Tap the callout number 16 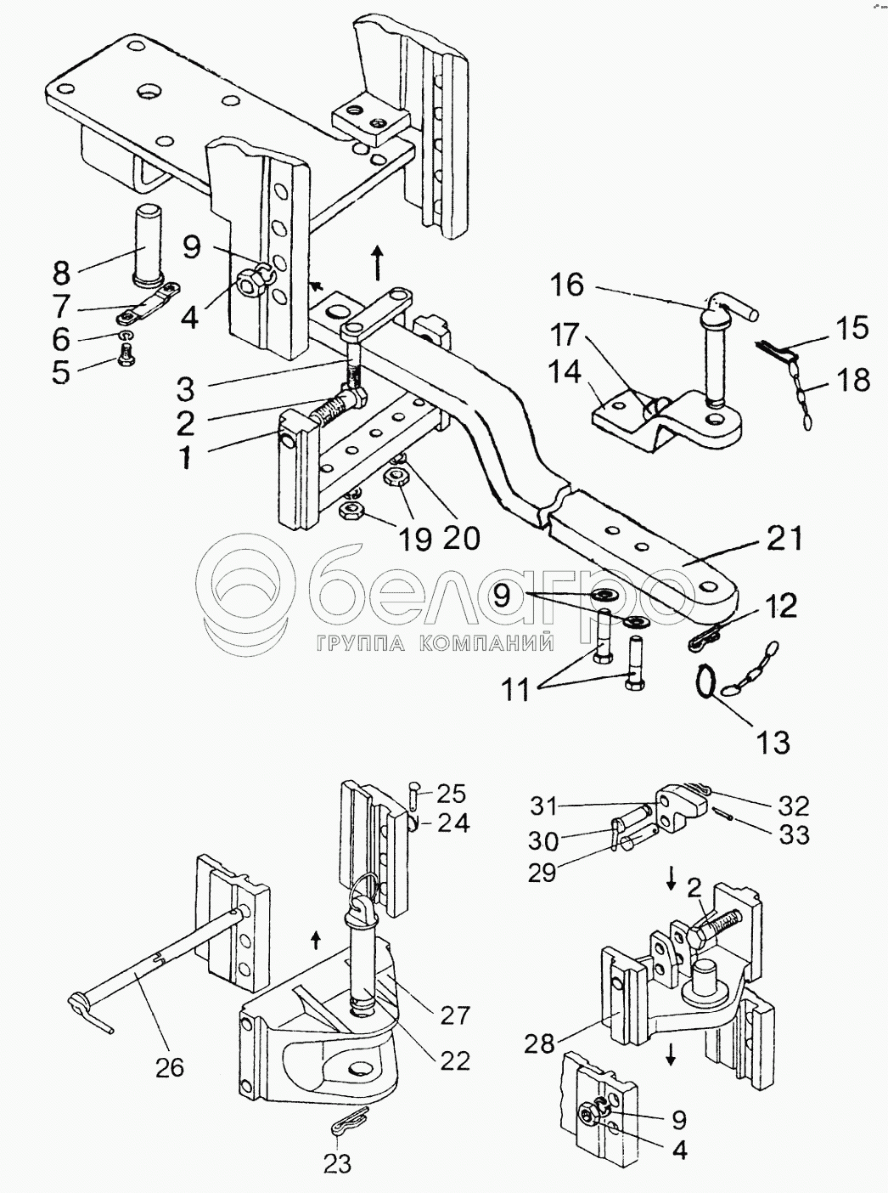pos(568,284)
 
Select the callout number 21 pos(784,538)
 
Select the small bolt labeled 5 pos(126,353)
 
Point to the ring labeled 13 pos(705,681)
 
